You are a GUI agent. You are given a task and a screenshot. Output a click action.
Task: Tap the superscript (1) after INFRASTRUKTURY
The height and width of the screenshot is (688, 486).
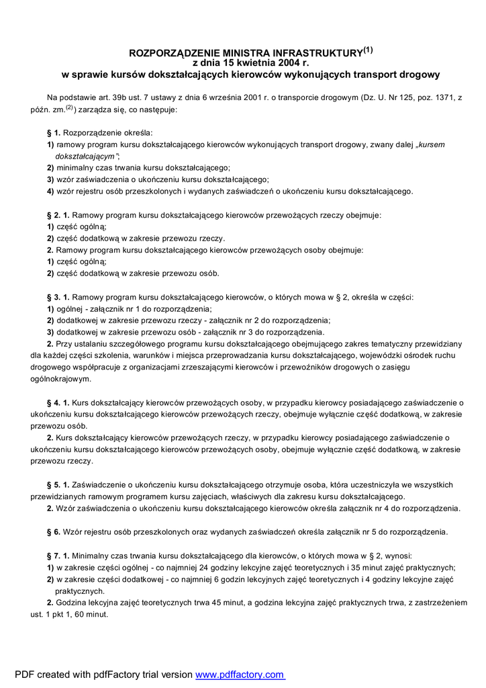[368, 48]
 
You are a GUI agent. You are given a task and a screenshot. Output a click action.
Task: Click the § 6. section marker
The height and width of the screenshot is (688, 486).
[54, 531]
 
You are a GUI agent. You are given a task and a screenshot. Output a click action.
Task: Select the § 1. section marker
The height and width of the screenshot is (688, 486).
[54, 132]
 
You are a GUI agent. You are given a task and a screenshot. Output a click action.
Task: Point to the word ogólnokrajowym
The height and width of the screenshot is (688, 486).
[60, 379]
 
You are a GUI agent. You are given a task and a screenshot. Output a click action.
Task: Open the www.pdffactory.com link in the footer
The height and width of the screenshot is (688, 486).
[240, 675]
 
